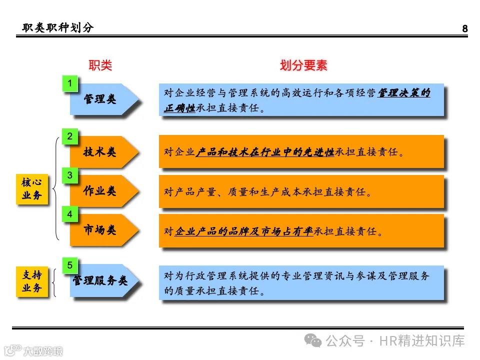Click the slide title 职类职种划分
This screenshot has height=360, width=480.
click(x=58, y=28)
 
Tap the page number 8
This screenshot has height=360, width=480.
click(x=465, y=28)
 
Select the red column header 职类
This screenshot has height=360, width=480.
click(x=100, y=65)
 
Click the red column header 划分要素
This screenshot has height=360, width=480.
click(x=303, y=65)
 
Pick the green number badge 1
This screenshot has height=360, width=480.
click(x=70, y=83)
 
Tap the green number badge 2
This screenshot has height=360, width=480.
click(x=70, y=136)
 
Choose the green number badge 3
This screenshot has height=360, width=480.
click(x=70, y=175)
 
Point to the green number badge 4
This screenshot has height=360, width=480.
click(x=70, y=214)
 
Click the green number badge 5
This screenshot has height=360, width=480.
click(x=70, y=265)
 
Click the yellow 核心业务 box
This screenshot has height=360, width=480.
click(x=32, y=189)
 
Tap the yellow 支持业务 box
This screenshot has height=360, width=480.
click(x=32, y=282)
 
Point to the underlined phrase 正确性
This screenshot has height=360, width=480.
click(x=179, y=108)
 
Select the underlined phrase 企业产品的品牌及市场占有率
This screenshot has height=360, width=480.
click(x=244, y=231)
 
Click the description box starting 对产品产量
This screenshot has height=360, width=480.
click(x=301, y=191)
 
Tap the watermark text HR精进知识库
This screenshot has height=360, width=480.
click(x=422, y=341)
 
